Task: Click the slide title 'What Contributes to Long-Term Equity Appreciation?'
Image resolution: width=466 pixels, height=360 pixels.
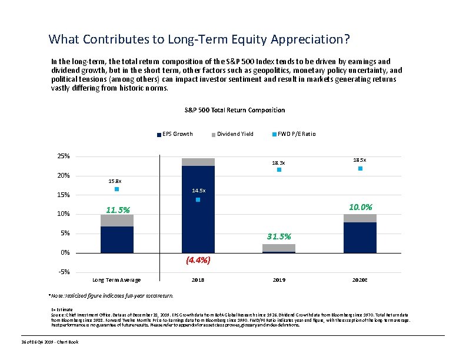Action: click(x=199, y=39)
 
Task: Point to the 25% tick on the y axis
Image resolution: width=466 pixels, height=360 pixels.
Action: click(x=63, y=156)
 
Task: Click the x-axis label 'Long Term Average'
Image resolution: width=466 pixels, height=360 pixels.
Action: click(x=117, y=280)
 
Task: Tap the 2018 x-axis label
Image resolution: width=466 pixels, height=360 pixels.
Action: click(x=198, y=280)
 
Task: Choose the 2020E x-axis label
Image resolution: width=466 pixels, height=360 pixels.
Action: click(x=360, y=280)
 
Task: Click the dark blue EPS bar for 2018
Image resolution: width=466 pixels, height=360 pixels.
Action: click(x=198, y=209)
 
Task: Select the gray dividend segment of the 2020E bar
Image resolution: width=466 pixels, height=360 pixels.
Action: click(x=360, y=218)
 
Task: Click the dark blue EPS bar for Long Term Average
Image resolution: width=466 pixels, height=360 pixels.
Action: click(x=117, y=239)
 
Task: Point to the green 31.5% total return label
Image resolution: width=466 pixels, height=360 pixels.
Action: click(x=279, y=236)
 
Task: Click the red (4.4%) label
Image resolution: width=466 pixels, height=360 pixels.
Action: click(x=198, y=260)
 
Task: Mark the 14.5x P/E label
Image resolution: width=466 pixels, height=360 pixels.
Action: click(x=199, y=191)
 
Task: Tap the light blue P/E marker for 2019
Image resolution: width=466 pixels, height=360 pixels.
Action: click(x=279, y=170)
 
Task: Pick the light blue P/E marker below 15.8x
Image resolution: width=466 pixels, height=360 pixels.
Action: click(x=117, y=189)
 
